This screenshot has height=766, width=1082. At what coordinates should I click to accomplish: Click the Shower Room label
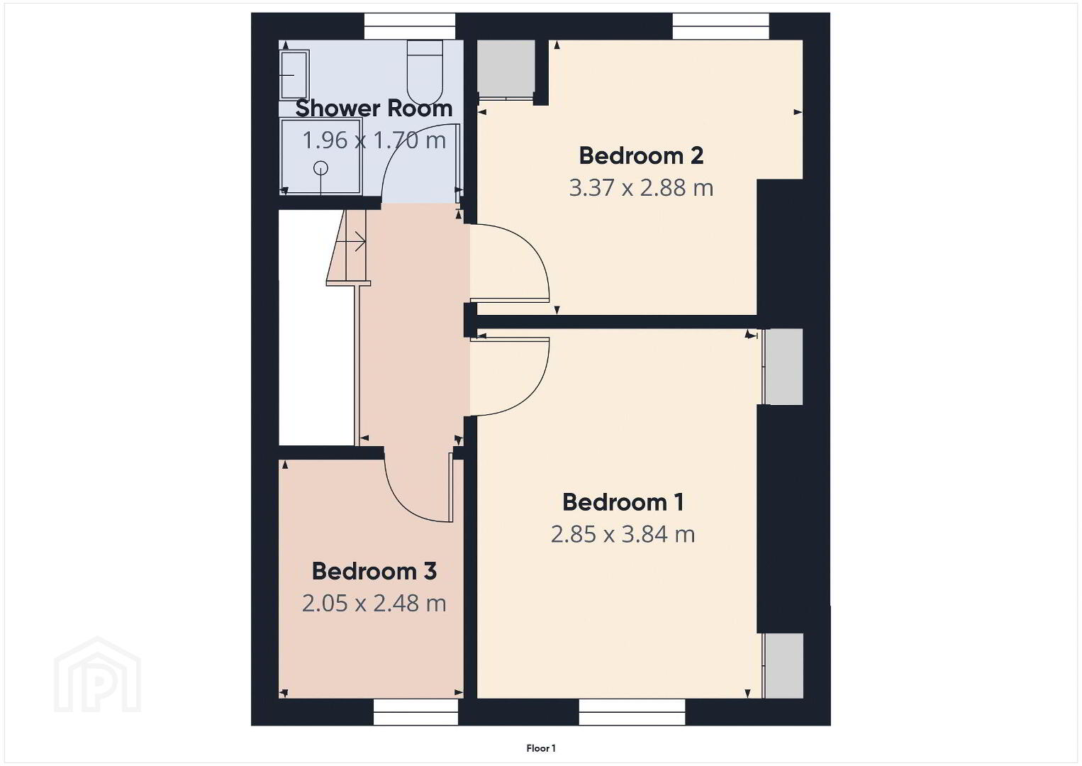coord(374,109)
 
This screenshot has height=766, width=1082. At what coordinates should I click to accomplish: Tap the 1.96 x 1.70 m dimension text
coord(374,140)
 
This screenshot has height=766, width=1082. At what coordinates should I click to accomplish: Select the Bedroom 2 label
coord(641,155)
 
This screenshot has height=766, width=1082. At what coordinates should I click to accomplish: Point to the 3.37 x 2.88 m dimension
coord(641,188)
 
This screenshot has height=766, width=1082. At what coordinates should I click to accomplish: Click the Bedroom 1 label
coord(623,503)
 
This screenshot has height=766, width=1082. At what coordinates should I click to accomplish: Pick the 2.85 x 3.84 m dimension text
coord(623,535)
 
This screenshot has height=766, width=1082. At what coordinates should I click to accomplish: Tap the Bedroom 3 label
coord(374,571)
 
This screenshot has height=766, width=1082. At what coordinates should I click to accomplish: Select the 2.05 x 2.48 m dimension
coord(374,604)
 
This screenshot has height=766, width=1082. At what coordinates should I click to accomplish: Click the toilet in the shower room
coord(425,72)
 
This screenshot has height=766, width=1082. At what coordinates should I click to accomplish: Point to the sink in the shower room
coord(294,75)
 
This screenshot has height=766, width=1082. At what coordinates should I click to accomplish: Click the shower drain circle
coord(320,168)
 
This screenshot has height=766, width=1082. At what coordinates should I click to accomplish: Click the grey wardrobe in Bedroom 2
coord(506,69)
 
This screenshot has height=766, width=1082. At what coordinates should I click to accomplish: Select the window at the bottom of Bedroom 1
coord(632,711)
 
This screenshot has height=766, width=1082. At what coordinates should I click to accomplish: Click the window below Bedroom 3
coord(416,711)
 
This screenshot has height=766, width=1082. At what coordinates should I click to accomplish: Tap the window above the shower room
coord(410,26)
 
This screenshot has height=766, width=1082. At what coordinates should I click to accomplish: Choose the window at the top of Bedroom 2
coord(720,26)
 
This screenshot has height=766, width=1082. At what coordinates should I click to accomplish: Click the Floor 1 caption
coord(541,748)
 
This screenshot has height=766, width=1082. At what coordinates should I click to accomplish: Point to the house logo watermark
coord(97,675)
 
